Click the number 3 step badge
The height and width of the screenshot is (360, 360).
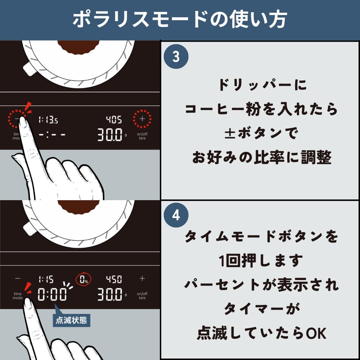(176, 57)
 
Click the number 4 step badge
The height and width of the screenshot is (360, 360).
(176, 215)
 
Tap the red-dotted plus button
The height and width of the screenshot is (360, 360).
(142, 118)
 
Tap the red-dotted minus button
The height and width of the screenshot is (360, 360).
(18, 118)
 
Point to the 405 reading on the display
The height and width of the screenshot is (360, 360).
(113, 120)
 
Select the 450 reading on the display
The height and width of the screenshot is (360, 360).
(113, 279)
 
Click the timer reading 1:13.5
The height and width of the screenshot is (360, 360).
(48, 120)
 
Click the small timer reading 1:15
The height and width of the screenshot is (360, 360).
(46, 279)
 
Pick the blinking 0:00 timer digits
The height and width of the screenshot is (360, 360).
(52, 295)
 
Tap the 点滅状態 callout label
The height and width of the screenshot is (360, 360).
(72, 320)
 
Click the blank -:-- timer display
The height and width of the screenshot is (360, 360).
(52, 135)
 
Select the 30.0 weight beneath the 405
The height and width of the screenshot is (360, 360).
(110, 135)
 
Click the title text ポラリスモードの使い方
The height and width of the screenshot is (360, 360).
(180, 20)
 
